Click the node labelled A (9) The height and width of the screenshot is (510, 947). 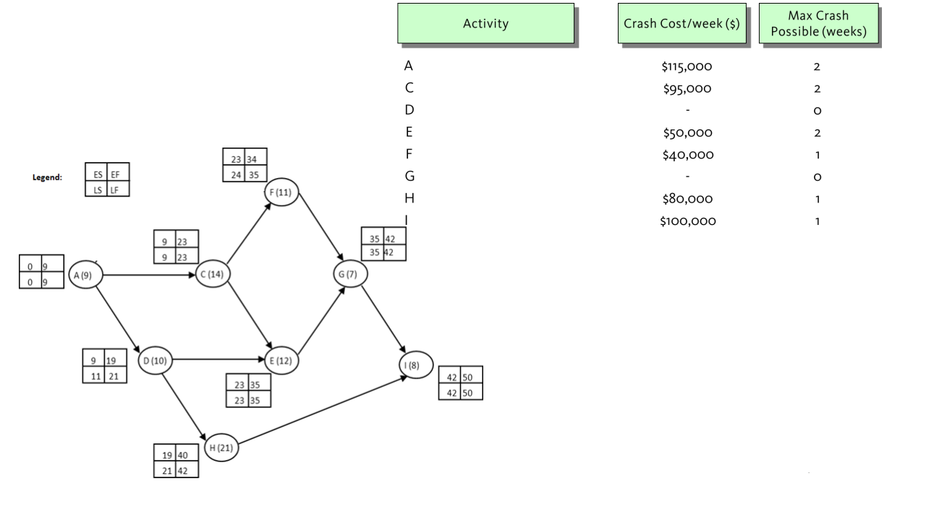click(85, 275)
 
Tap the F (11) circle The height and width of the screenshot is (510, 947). click(282, 192)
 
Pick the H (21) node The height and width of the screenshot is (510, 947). click(221, 449)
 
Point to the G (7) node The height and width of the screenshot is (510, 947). click(349, 275)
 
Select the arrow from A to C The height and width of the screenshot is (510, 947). click(148, 275)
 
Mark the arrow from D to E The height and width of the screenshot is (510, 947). click(217, 359)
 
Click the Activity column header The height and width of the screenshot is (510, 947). click(485, 23)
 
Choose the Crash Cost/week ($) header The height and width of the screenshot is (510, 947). click(681, 23)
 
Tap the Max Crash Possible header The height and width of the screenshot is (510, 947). click(818, 24)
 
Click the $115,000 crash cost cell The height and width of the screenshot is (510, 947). click(687, 67)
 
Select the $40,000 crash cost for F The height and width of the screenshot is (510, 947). click(687, 155)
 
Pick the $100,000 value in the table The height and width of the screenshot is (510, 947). click(687, 221)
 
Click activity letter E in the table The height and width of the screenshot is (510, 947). click(409, 132)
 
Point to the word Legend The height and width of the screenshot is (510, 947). click(47, 177)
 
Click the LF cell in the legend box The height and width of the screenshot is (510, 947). click(116, 190)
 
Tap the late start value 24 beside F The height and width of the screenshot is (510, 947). click(236, 175)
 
